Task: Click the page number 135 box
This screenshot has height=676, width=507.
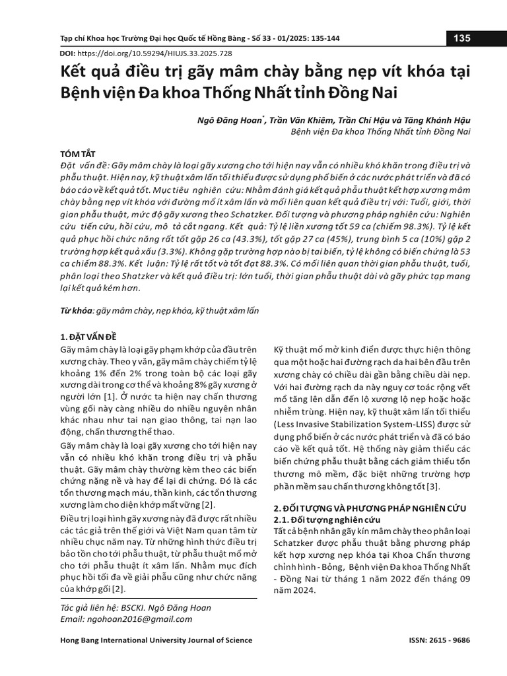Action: (461, 38)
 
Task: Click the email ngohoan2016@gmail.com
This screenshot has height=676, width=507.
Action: (126, 619)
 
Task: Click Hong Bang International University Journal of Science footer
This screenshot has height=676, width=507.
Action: (156, 640)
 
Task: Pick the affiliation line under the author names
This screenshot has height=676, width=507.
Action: (380, 131)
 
